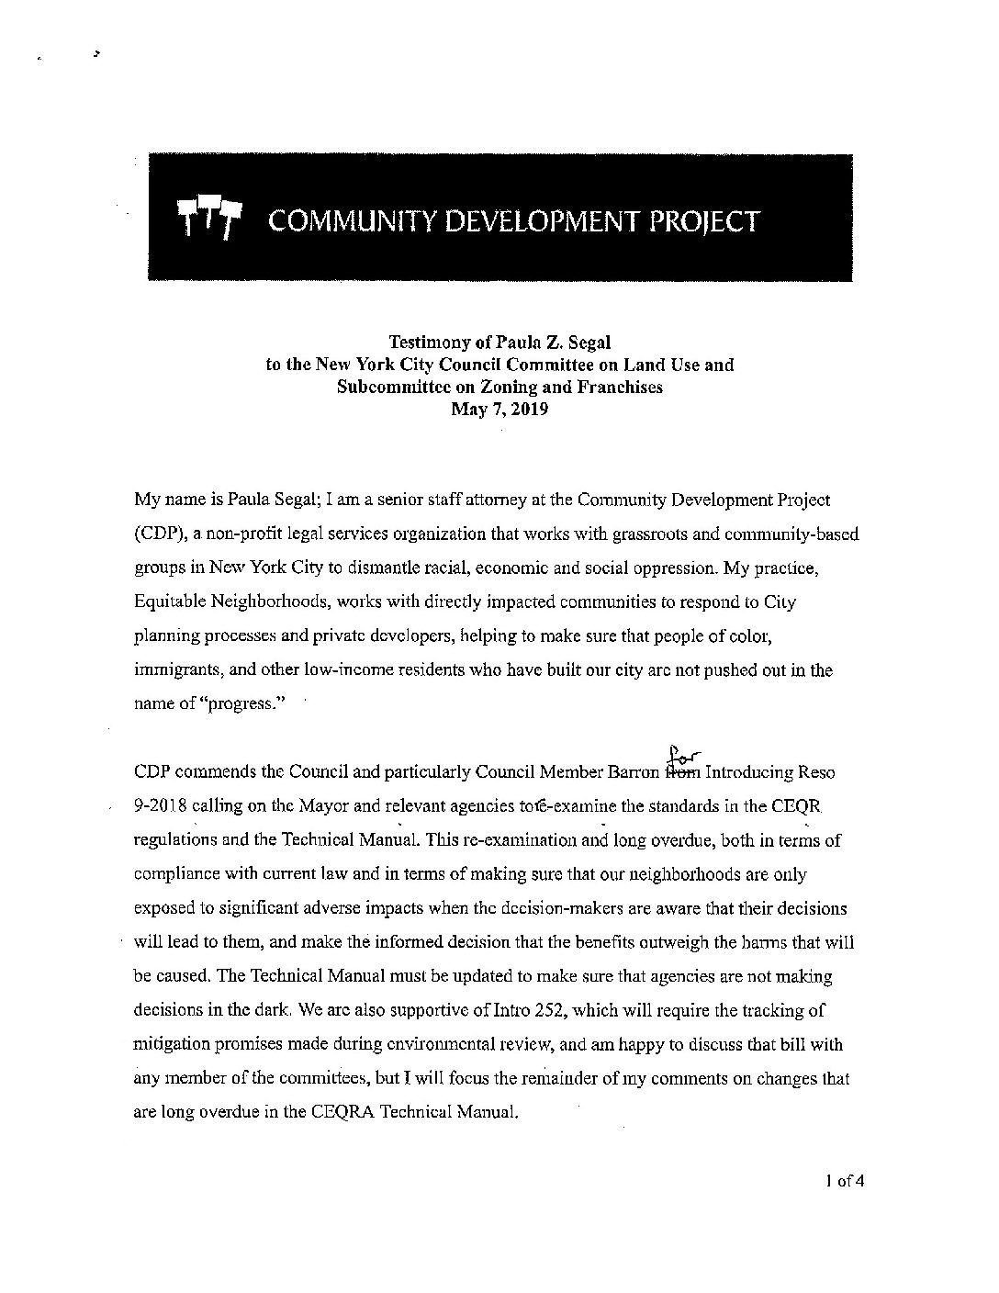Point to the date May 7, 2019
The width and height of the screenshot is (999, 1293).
(499, 410)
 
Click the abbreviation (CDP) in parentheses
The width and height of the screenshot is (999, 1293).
(156, 534)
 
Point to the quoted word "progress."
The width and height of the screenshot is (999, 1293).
(243, 704)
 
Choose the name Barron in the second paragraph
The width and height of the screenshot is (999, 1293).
(635, 773)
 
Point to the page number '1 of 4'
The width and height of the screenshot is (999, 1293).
(845, 1181)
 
